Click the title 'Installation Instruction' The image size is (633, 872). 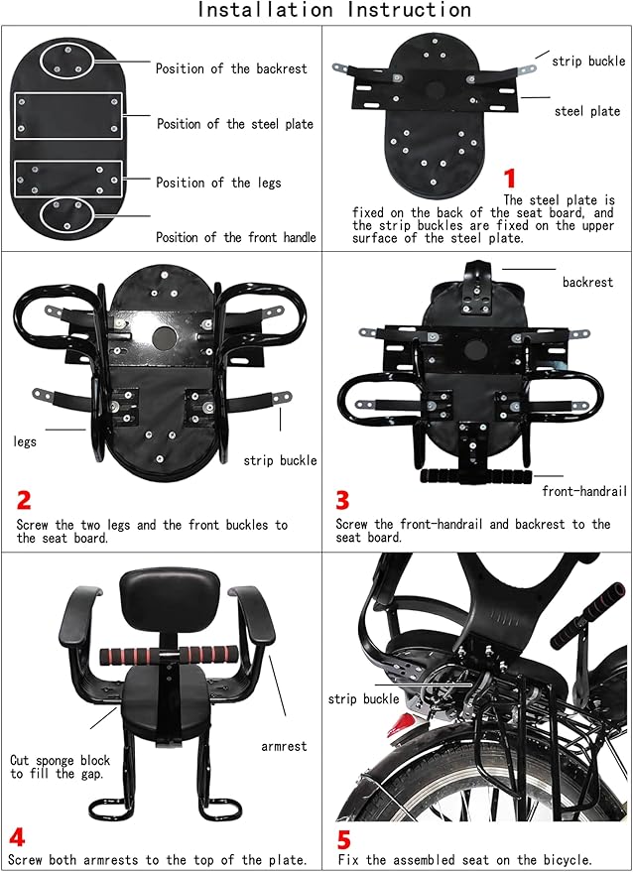[x=334, y=10]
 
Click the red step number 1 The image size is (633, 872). [x=510, y=179]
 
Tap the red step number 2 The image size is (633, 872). [x=24, y=501]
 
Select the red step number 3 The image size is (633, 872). [x=342, y=501]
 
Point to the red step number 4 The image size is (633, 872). [x=17, y=838]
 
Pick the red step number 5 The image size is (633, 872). [x=344, y=839]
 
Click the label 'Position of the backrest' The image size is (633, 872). [x=231, y=69]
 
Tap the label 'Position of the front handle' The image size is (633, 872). [x=236, y=237]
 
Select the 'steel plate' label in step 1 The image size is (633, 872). [x=587, y=111]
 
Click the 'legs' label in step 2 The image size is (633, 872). [x=25, y=442]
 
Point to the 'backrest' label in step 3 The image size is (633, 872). [x=587, y=282]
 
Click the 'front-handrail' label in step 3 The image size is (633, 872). [x=584, y=491]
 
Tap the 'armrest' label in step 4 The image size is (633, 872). [x=284, y=746]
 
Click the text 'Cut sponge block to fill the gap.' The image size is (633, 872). [x=61, y=767]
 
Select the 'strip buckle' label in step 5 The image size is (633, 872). [x=364, y=699]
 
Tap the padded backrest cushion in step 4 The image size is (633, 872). [x=170, y=598]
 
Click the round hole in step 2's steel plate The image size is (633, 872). [x=164, y=338]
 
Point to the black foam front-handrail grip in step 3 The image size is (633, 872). [x=475, y=476]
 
